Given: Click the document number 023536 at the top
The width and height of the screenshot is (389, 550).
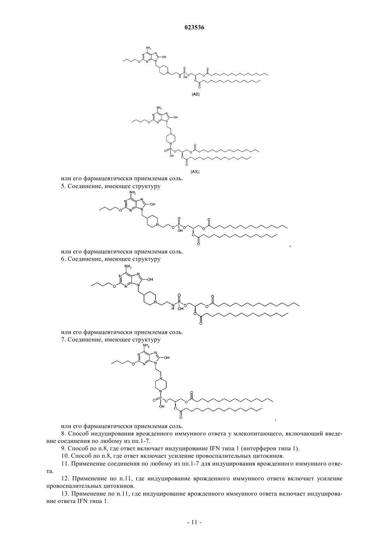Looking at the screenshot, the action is click(x=194, y=28).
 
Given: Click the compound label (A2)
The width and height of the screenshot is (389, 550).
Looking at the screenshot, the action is click(x=196, y=94).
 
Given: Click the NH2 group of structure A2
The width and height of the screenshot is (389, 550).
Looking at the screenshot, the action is click(x=149, y=48).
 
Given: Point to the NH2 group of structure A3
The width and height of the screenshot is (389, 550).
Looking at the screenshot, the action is click(x=159, y=107).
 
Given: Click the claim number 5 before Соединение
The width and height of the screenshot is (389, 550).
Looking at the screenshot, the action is click(x=63, y=186).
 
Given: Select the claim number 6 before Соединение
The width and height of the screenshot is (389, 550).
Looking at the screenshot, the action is click(x=63, y=259).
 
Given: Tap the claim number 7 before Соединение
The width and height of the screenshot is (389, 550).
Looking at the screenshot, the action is click(x=63, y=340).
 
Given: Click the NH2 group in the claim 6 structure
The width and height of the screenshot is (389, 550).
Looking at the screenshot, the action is click(x=128, y=267).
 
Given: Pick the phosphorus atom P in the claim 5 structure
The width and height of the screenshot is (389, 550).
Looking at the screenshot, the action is click(x=179, y=224).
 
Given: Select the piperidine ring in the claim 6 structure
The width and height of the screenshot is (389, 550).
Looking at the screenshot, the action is click(x=149, y=298).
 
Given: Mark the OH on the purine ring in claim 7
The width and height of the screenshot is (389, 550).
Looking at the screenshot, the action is click(x=167, y=358).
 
